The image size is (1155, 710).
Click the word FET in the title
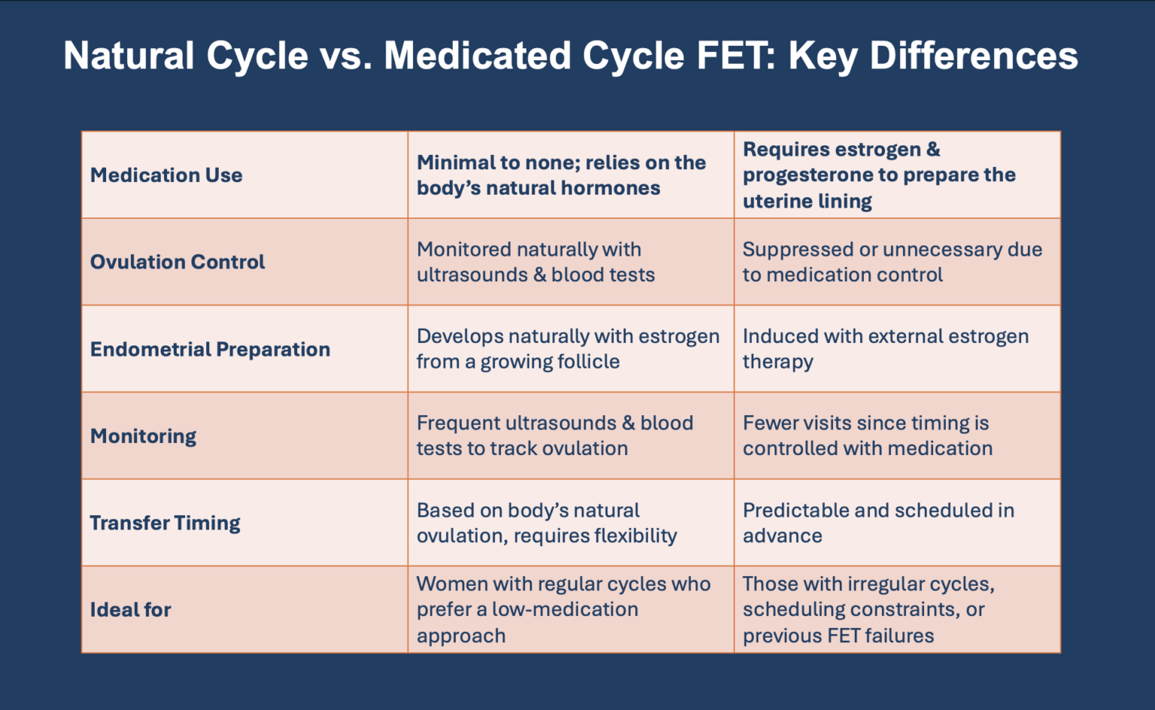click(x=736, y=56)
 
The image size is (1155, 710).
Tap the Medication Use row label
click(x=166, y=175)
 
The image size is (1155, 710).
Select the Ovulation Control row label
click(x=177, y=262)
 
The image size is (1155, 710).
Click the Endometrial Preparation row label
click(x=210, y=349)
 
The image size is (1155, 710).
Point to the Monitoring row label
click(x=143, y=436)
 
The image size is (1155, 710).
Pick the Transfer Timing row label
click(x=165, y=523)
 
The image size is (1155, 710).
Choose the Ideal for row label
click(x=130, y=610)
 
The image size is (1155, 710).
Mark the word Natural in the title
click(x=129, y=56)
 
